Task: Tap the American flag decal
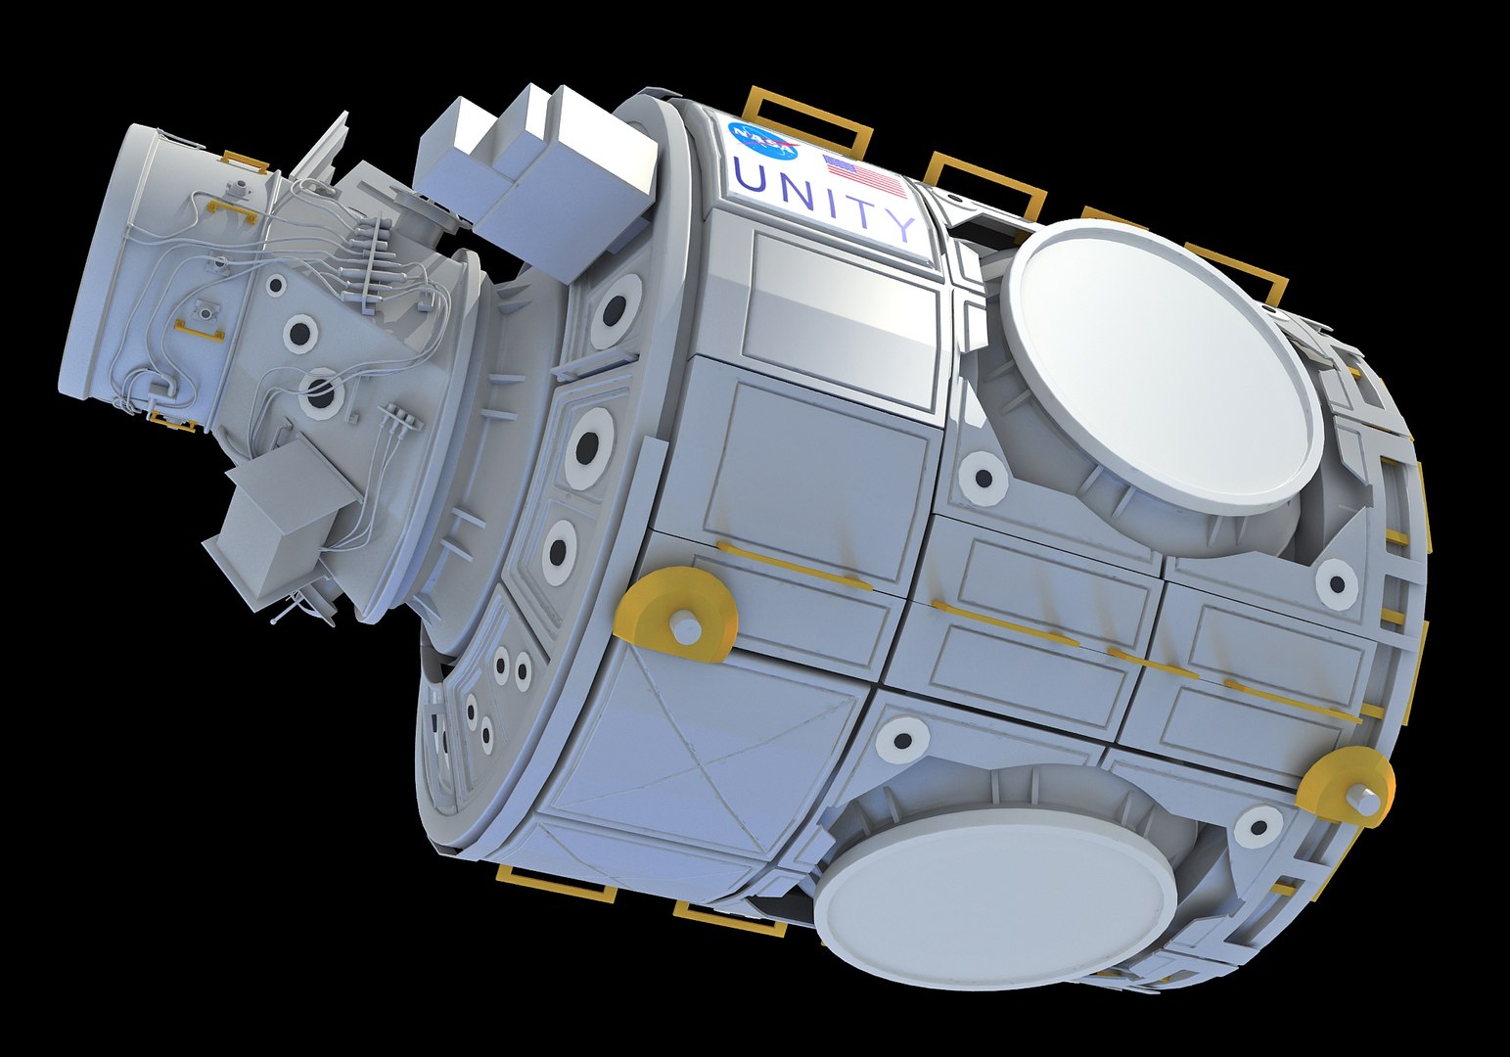(864, 176)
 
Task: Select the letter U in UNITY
(752, 178)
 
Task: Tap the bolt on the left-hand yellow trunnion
(687, 627)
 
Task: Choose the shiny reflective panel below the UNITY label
(842, 313)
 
